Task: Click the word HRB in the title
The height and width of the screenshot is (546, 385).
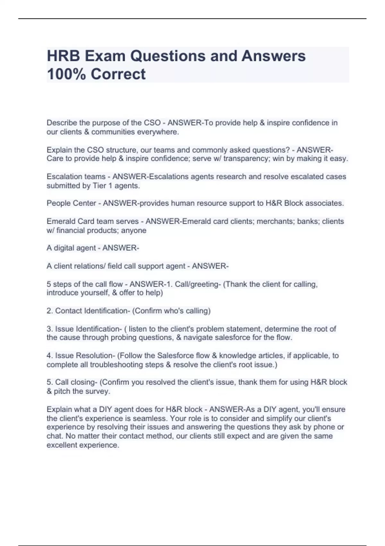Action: [x=63, y=56]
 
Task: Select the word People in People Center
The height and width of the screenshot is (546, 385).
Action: [x=58, y=203]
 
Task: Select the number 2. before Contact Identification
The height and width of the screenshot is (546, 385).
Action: [x=50, y=311]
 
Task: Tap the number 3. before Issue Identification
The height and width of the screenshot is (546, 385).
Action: [x=50, y=329]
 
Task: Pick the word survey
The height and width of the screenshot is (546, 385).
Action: [x=99, y=392]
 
